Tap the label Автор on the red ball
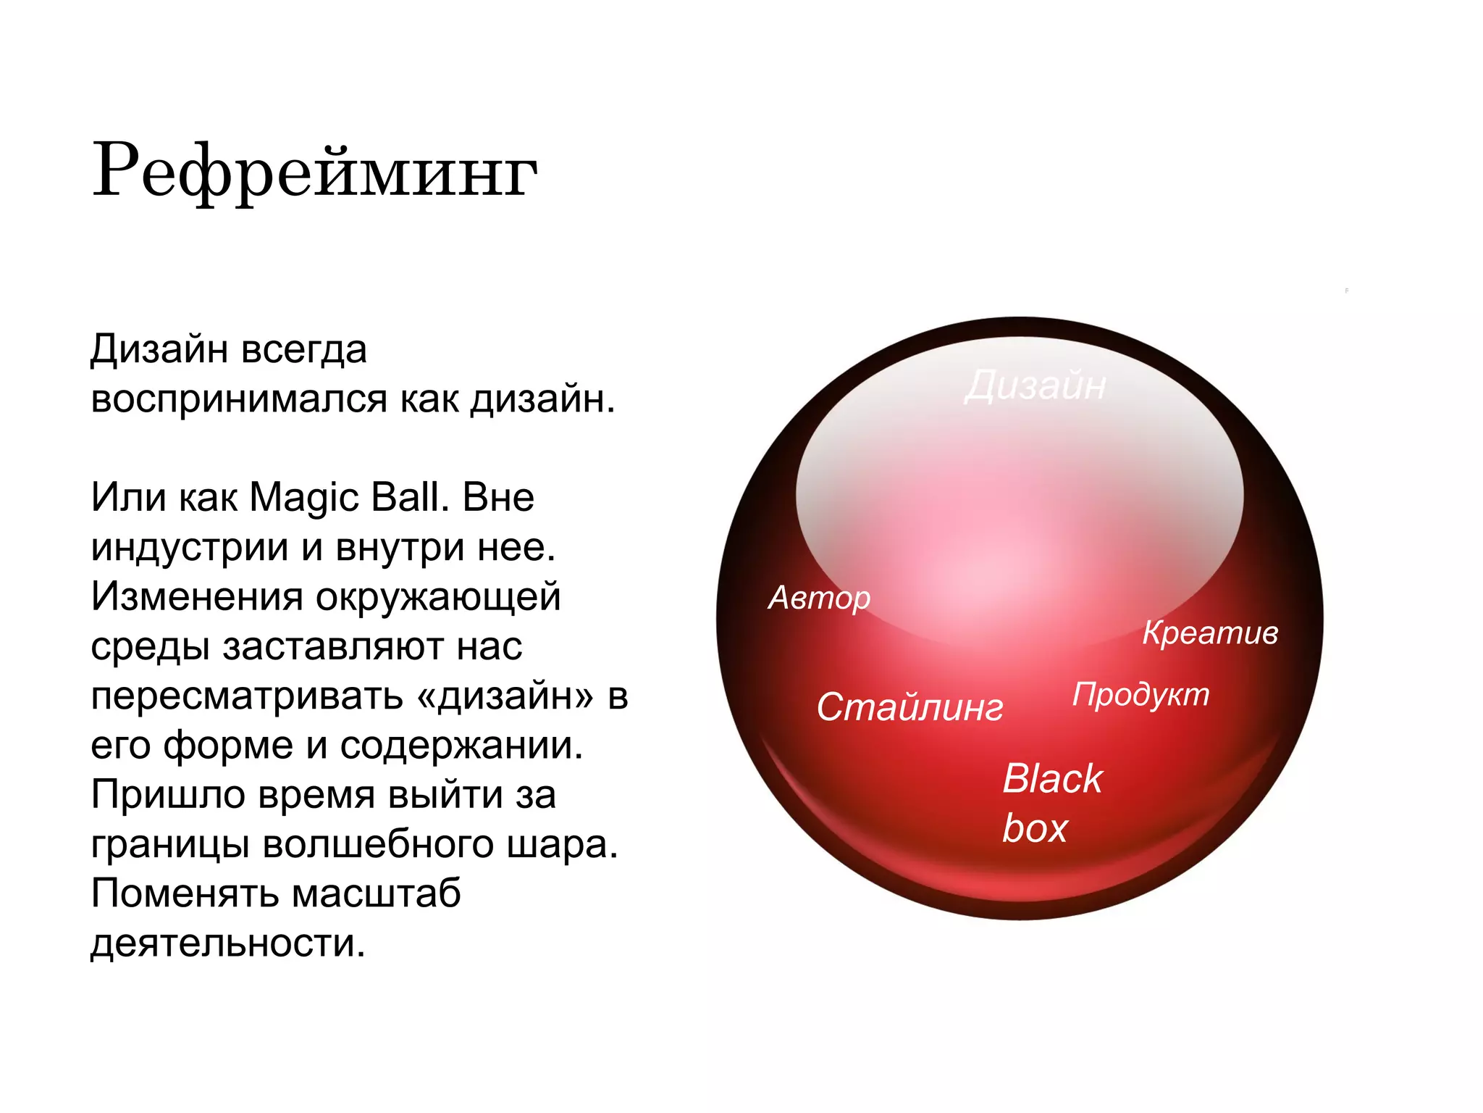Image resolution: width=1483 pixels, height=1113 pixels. point(819,599)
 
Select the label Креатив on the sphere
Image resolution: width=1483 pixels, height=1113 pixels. point(1210,633)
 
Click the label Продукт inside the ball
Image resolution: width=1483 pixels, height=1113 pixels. point(1140,694)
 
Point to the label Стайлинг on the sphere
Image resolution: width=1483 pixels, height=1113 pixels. point(909,707)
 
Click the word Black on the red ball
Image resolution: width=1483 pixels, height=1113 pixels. point(1052,779)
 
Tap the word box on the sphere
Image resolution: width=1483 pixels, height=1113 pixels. point(1035,828)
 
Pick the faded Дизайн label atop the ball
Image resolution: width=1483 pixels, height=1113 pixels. point(1035,385)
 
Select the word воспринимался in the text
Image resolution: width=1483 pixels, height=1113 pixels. point(240,399)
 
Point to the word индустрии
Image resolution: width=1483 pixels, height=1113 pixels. point(190,547)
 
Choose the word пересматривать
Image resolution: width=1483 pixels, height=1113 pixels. point(247,696)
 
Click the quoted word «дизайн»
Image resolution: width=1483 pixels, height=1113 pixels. point(505,696)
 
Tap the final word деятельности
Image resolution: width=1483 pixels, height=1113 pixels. point(228,943)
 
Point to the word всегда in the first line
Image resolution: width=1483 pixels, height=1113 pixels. point(304,351)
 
